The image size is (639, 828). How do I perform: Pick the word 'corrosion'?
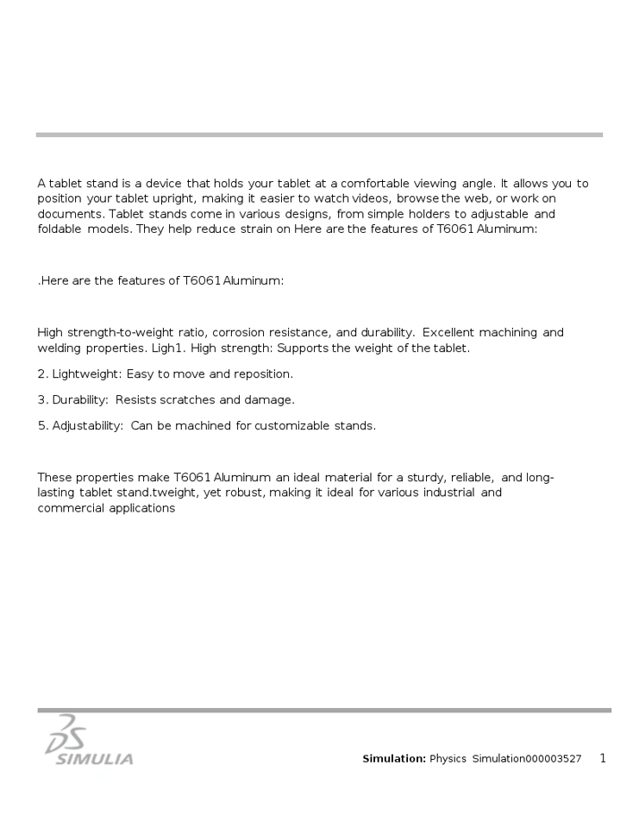[243, 333]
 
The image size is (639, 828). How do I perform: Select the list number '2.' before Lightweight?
[43, 374]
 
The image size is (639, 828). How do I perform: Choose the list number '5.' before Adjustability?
[43, 426]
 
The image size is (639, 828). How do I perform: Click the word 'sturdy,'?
[427, 478]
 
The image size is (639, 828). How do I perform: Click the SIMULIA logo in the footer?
[89, 742]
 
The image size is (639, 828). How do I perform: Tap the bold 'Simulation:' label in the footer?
[394, 759]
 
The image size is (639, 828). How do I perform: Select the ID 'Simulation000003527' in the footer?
[526, 759]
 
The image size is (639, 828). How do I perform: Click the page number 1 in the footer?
[603, 759]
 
